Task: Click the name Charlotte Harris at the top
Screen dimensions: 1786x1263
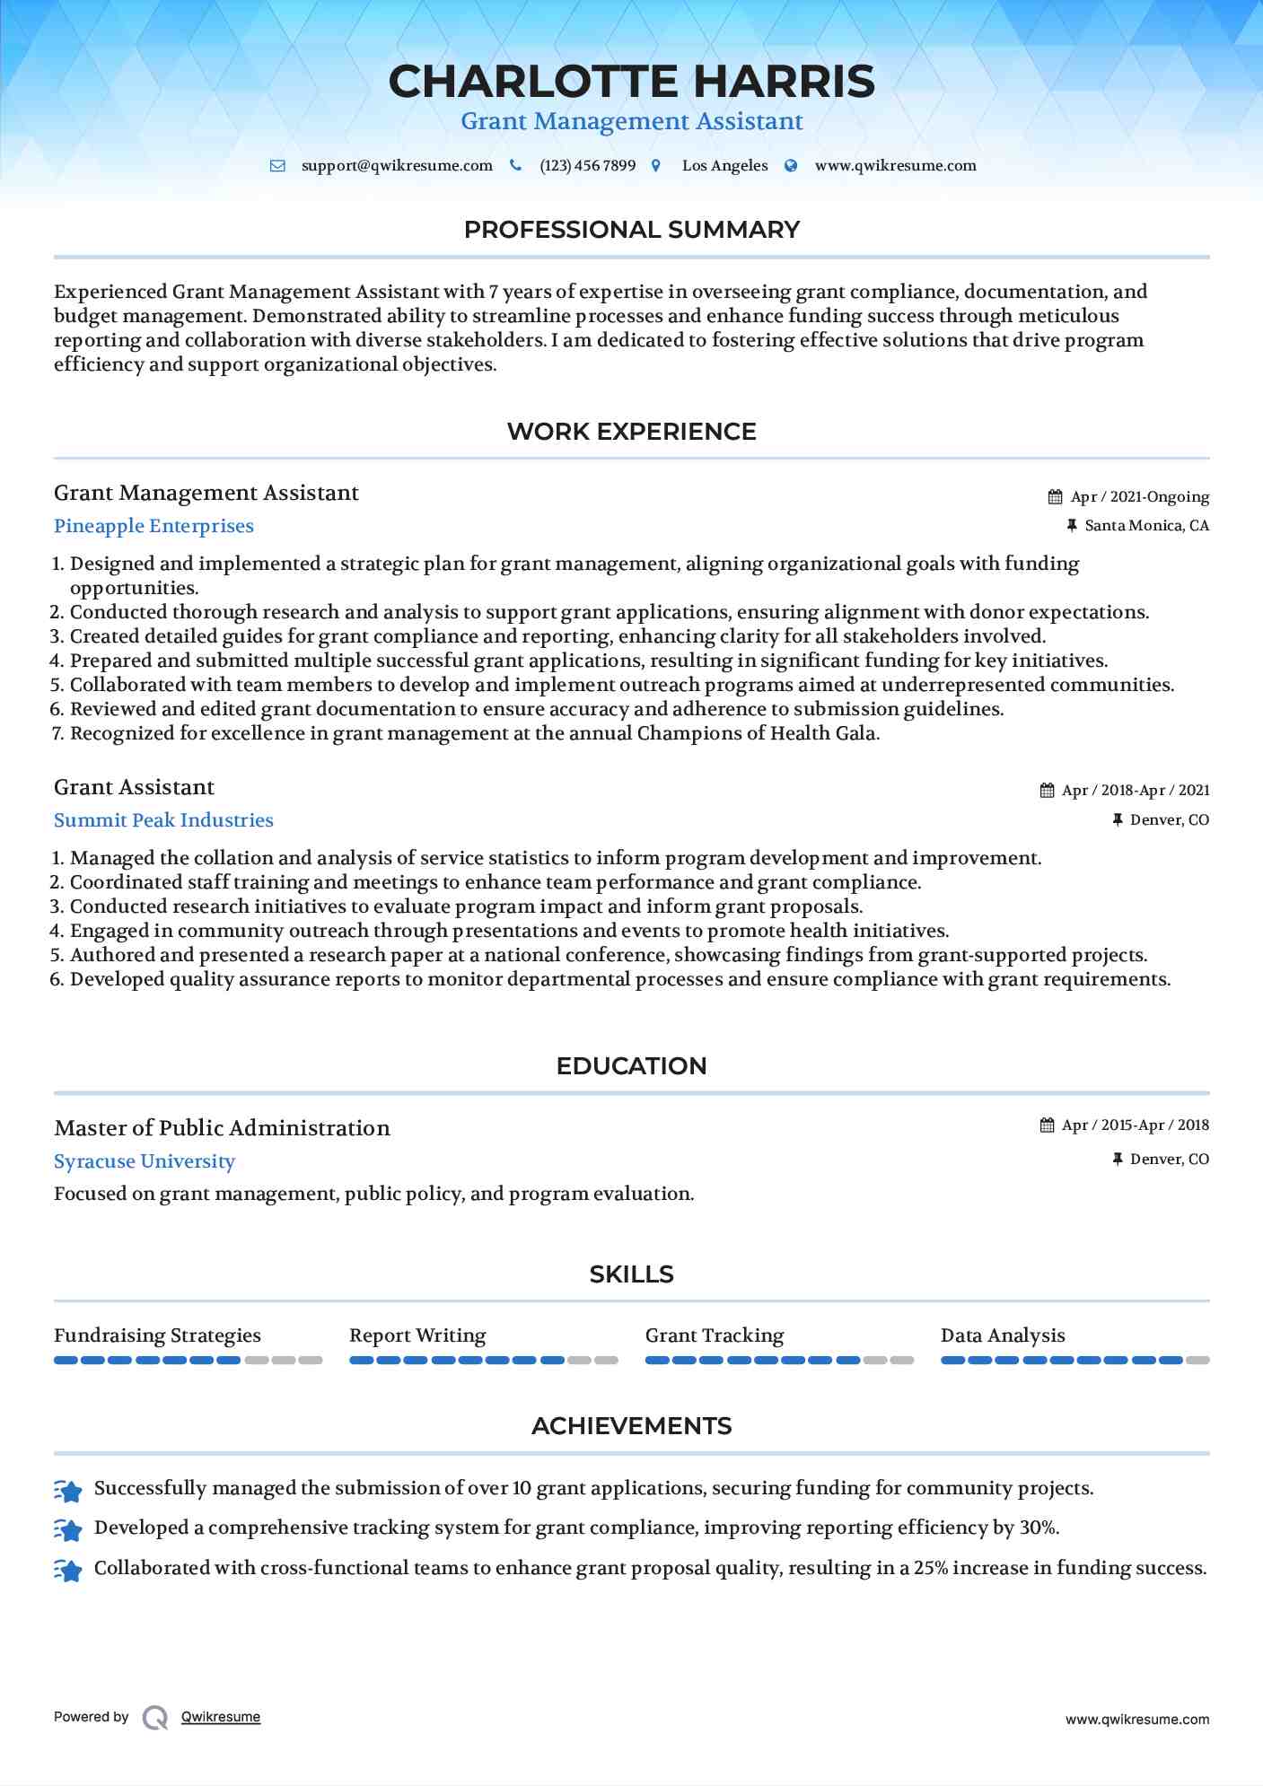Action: pos(631,82)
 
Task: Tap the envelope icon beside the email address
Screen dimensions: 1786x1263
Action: pos(277,166)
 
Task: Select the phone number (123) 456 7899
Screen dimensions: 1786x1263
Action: pos(587,166)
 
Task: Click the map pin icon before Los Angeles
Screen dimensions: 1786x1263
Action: pos(656,166)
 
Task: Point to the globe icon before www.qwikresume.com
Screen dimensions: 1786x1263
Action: pos(791,166)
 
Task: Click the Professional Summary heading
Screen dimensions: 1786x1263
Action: pos(631,230)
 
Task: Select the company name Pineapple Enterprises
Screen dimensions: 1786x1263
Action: pos(153,526)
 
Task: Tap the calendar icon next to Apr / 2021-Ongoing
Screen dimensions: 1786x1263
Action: pos(1056,497)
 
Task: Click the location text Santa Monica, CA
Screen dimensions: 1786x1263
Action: pos(1146,526)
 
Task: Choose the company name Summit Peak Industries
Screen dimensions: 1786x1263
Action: pos(163,820)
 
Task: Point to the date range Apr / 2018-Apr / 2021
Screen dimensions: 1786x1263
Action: pos(1136,791)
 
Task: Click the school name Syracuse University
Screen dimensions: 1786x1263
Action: pos(145,1161)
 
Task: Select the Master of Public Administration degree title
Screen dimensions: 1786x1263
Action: pos(222,1128)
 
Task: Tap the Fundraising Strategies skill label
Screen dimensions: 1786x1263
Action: pos(157,1335)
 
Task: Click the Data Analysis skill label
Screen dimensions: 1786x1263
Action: pos(1003,1335)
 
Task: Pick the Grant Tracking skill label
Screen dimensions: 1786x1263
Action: pos(715,1335)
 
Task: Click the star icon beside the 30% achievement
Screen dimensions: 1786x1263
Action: pos(68,1529)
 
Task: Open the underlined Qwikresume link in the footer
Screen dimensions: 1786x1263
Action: pos(221,1717)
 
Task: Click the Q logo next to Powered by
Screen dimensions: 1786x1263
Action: pos(155,1718)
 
